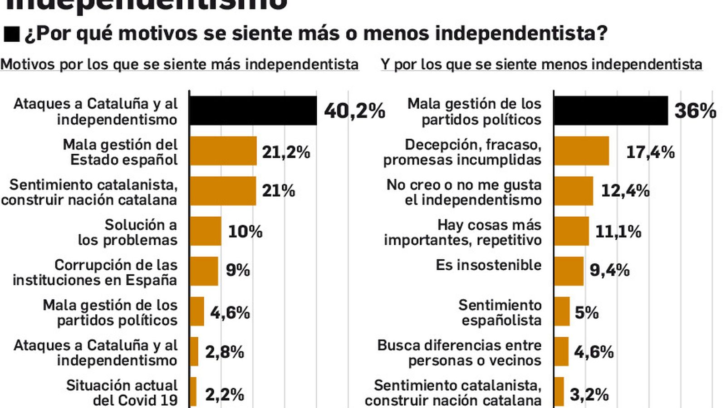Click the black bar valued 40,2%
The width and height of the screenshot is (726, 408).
[x=253, y=111]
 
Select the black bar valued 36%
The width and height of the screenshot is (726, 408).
[x=611, y=111]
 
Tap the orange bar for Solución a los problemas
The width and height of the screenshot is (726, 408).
[x=206, y=231]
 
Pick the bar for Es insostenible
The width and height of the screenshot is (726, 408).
[x=569, y=271]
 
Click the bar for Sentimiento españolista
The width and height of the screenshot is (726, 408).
[x=562, y=311]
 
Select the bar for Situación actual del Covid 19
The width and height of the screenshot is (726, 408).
[x=193, y=393]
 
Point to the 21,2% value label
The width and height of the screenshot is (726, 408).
[x=286, y=152]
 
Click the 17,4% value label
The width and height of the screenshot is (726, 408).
[x=650, y=152]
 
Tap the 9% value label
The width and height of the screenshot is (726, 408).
[x=238, y=271]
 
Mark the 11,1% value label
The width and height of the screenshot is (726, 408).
[x=618, y=232]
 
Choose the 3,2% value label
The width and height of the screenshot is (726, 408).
[x=589, y=395]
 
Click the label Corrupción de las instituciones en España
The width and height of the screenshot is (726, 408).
[x=95, y=272]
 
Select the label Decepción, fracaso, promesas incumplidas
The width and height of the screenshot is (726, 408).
[x=463, y=152]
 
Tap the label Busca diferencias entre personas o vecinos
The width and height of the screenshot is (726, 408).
[x=460, y=353]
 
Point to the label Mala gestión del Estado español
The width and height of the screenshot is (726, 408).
[x=121, y=152]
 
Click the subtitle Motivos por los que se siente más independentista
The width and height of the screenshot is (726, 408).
[x=180, y=64]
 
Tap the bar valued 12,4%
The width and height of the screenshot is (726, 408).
[x=574, y=191]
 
